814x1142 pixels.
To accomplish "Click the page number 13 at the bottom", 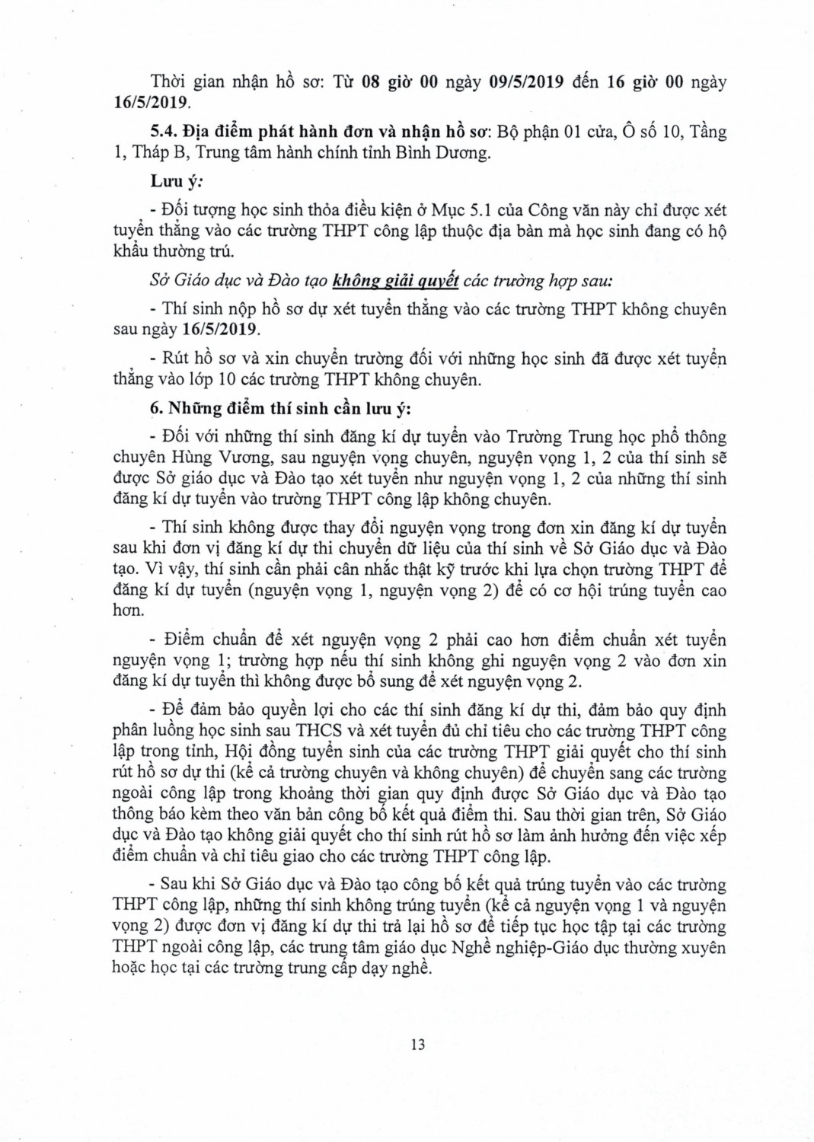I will [x=417, y=1043].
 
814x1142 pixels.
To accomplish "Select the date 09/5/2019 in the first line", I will [x=528, y=82].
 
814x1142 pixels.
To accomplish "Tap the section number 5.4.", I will [x=165, y=132].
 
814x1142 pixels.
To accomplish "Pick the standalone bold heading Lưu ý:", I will [x=169, y=180].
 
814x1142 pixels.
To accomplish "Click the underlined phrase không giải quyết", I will [x=395, y=281].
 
